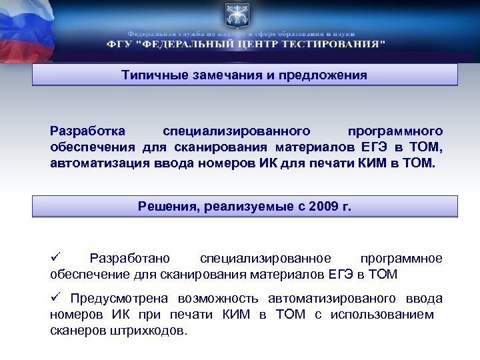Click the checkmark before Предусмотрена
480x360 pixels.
[x=55, y=298]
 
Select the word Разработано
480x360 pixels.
[x=129, y=259]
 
